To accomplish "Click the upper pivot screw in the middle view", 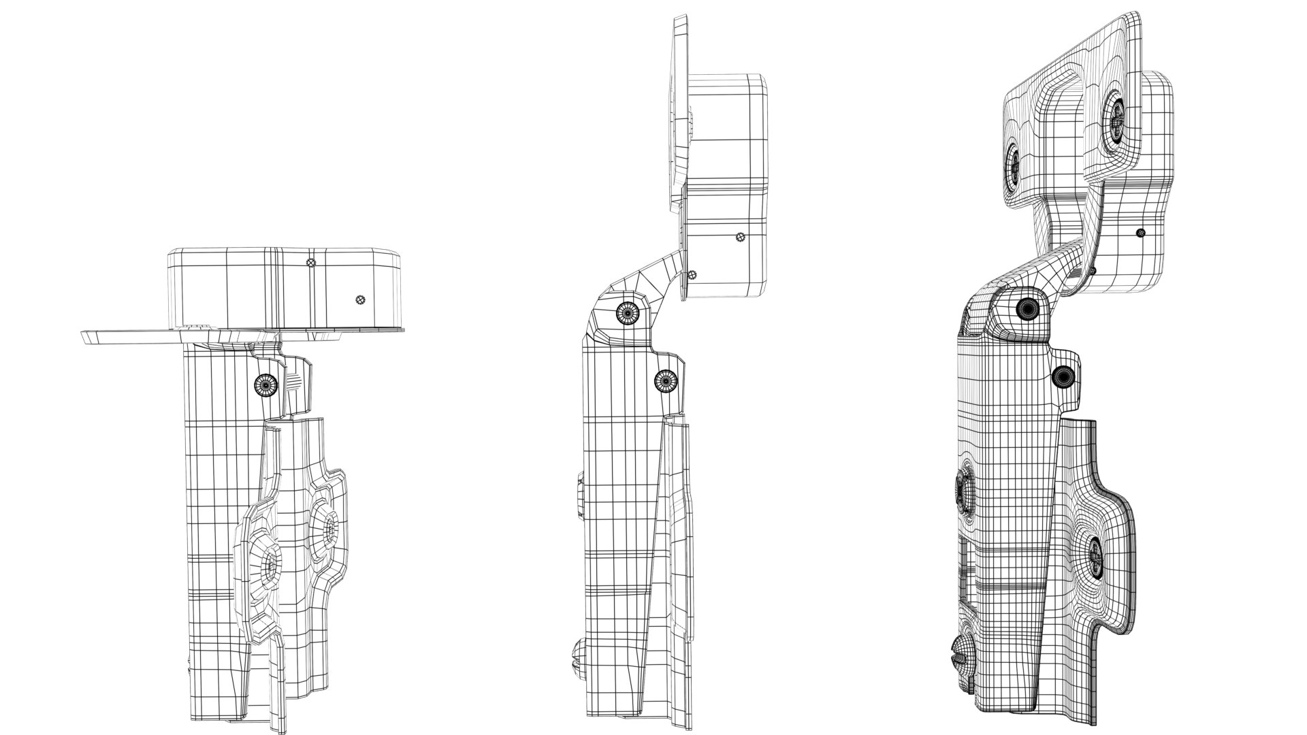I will click(627, 312).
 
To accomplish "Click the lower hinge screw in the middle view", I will click(665, 380).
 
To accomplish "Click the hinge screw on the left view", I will click(266, 385).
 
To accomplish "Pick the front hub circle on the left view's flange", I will click(271, 564).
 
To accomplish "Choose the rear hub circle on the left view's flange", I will click(329, 525).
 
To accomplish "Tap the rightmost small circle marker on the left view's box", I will click(361, 299).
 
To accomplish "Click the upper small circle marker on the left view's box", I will click(311, 263).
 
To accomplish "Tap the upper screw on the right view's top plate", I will click(1116, 118).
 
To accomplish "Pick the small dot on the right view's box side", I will click(1142, 233).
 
